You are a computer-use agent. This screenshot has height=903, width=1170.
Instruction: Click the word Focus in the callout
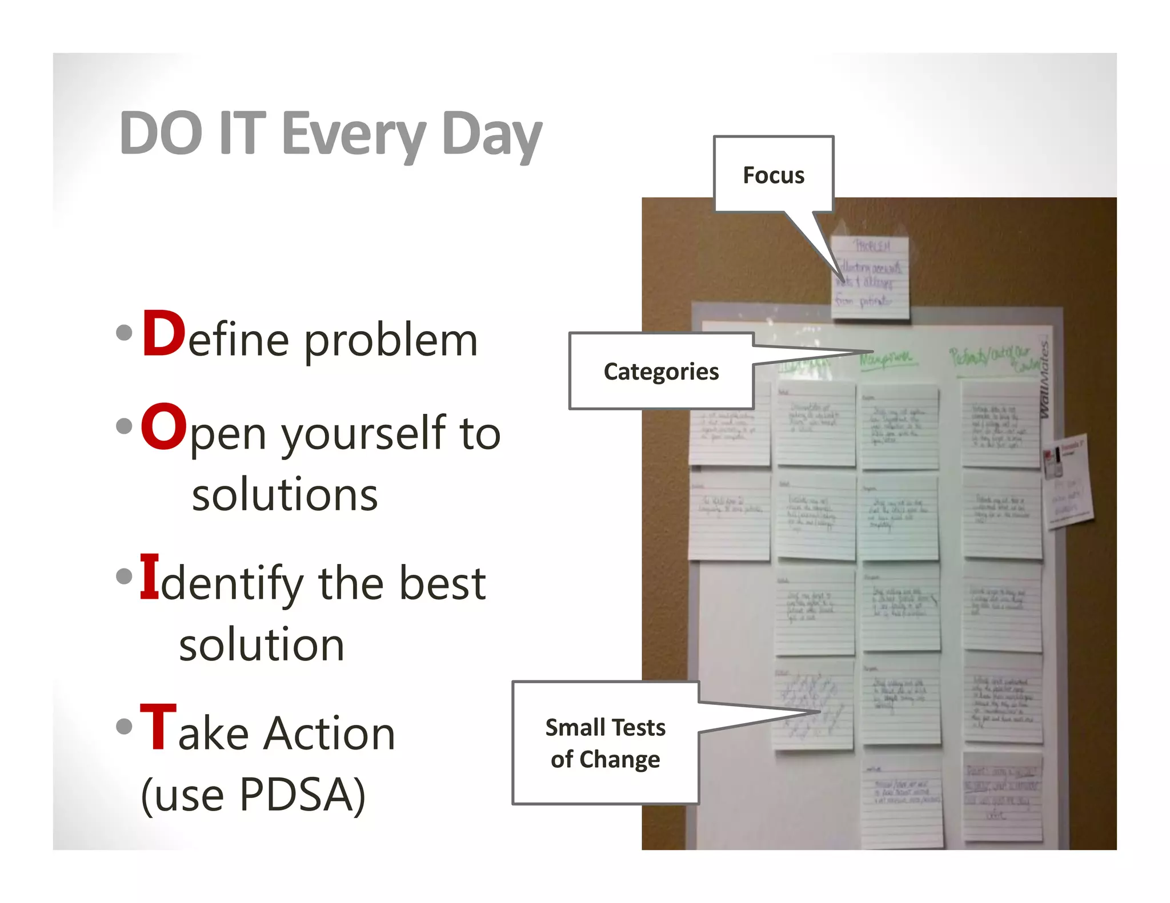pos(773,175)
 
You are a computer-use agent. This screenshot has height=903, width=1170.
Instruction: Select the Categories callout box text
pos(661,372)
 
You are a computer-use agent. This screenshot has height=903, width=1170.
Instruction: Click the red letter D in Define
pos(163,334)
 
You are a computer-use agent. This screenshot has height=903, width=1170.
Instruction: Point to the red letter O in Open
pos(163,428)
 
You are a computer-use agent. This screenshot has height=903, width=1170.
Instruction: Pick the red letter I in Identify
pos(149,578)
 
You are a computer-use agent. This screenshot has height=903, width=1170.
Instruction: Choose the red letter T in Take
pos(158,728)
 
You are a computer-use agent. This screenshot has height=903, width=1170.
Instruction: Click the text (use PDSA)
pos(253,795)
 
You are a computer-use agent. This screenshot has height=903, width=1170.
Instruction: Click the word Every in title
pos(354,135)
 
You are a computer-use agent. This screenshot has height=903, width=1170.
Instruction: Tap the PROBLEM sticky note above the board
pos(870,277)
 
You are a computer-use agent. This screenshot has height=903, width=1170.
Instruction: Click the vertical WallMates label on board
pos(1044,380)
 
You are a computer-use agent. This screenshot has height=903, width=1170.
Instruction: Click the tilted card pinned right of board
pos(1067,482)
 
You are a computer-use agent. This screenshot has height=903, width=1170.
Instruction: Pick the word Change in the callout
pos(619,760)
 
